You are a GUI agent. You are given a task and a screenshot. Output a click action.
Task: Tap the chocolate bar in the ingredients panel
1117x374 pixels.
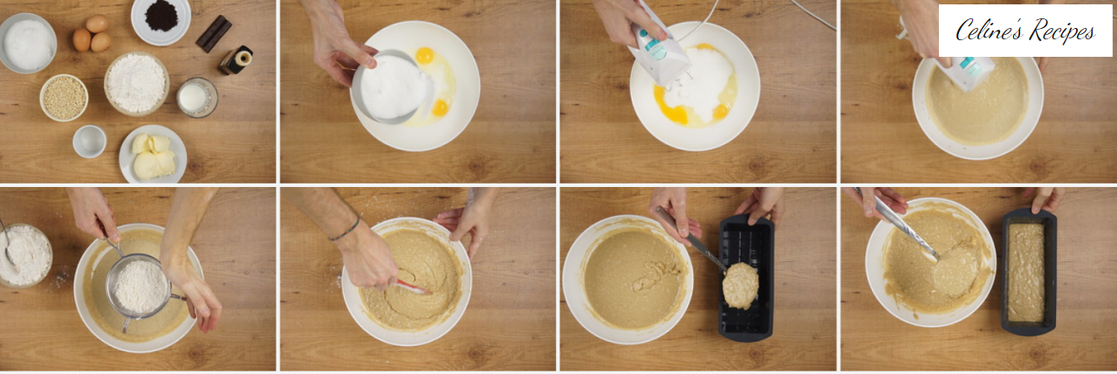[214, 33]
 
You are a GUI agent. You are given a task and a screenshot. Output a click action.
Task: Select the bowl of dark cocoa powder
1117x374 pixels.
[161, 19]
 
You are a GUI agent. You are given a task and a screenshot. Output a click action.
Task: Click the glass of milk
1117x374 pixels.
[197, 97]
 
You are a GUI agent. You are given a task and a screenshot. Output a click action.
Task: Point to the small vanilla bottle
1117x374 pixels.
[236, 60]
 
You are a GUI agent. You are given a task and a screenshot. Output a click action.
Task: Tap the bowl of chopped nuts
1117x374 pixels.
[64, 97]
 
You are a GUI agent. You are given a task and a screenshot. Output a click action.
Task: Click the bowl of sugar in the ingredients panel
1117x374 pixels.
[27, 43]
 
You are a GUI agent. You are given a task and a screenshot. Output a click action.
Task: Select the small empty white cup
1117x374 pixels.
[90, 142]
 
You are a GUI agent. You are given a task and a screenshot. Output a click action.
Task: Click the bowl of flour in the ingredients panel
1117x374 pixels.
[137, 83]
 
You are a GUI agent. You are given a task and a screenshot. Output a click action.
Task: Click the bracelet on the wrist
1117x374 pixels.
[345, 229]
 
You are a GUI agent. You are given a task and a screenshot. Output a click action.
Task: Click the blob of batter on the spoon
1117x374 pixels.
[741, 285]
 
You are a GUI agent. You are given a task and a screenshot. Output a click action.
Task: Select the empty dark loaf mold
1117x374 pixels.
[746, 278]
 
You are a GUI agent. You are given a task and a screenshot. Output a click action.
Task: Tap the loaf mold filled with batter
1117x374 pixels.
[1029, 272]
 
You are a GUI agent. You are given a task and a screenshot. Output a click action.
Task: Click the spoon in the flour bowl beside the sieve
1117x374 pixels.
[7, 243]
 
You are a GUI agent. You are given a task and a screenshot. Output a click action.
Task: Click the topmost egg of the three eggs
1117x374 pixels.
[97, 24]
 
